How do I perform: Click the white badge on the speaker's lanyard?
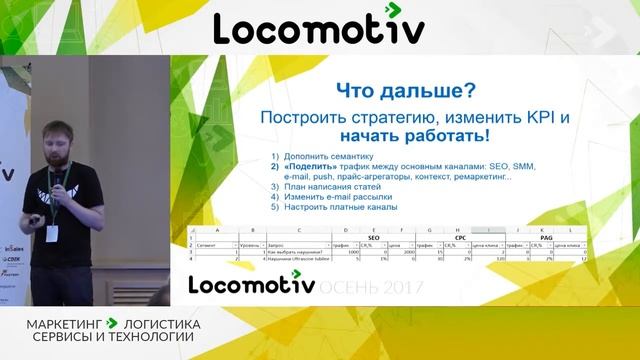[x=52, y=232]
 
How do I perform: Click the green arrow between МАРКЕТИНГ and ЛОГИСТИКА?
[x=112, y=324]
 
